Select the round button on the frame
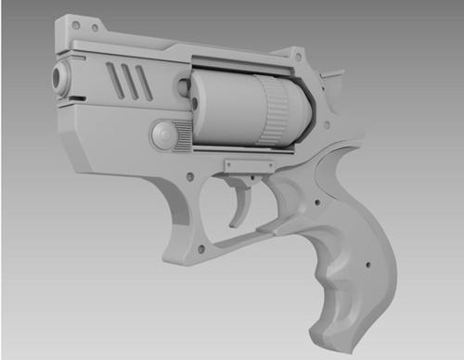tap(164, 135)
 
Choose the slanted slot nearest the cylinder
tap(144, 84)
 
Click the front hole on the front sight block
tap(74, 24)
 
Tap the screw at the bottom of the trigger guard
tap(200, 248)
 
